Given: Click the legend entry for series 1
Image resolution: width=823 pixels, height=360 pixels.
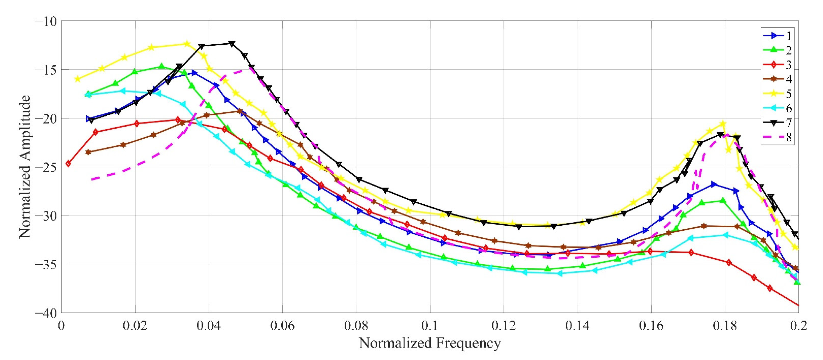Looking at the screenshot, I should coord(780,36).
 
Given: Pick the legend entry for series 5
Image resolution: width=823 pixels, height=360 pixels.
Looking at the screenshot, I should coord(780,94).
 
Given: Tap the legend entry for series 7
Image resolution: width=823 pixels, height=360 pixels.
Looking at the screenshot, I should coord(780,123).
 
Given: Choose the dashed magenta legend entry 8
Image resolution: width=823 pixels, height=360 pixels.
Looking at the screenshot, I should coord(780,137).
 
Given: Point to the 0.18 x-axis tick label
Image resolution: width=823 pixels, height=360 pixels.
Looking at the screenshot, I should coord(725,326).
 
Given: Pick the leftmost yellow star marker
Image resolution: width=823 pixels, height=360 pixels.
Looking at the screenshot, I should coord(77,79).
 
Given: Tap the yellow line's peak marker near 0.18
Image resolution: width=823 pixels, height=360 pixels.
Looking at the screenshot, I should coord(723,123).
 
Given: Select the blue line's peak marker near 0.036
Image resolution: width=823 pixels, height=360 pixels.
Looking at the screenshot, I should coord(194,73).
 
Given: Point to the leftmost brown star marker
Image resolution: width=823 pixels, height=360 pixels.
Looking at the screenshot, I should coord(88,152).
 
